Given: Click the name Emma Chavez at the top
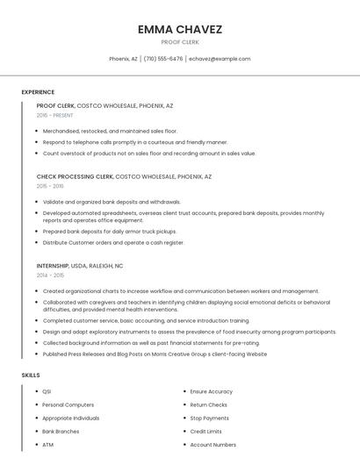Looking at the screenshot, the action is click(x=180, y=29).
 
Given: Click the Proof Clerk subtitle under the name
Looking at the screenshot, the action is click(x=180, y=42).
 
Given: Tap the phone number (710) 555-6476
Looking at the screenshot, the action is click(x=163, y=59).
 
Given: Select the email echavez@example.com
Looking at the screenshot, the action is click(x=220, y=59).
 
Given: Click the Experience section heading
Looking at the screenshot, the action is click(x=38, y=92).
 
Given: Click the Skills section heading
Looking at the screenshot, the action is click(x=31, y=375).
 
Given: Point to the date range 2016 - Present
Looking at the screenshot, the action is click(x=55, y=115).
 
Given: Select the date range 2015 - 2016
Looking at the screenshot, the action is click(x=50, y=186).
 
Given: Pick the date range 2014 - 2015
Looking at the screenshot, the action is click(x=50, y=275).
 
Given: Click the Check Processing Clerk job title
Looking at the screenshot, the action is click(x=76, y=176).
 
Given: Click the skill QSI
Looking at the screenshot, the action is click(x=47, y=391).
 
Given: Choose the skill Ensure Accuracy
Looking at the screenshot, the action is click(x=212, y=391).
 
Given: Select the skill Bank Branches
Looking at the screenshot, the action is click(x=61, y=432).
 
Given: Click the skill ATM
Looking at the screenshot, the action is click(x=48, y=445).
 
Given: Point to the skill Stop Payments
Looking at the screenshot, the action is click(x=209, y=418).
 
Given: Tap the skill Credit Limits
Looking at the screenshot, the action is click(x=205, y=432).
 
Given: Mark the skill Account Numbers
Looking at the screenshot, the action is click(x=212, y=445).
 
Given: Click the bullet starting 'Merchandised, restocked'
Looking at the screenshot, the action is click(x=110, y=131).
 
